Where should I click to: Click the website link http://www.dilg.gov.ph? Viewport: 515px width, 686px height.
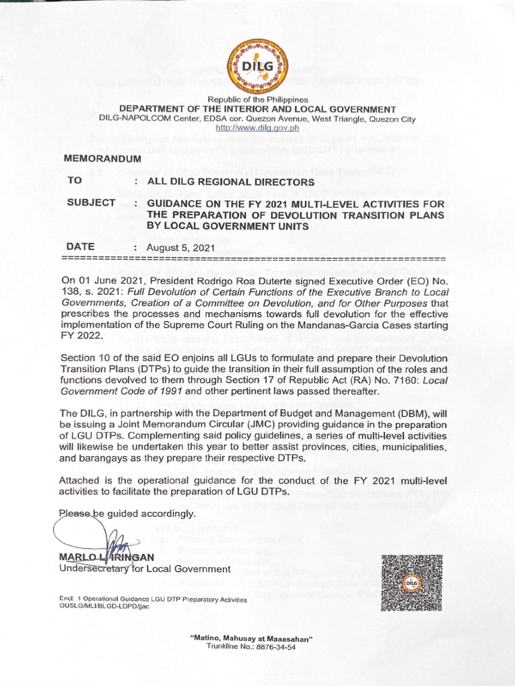(257, 128)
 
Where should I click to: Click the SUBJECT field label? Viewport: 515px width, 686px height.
(92, 203)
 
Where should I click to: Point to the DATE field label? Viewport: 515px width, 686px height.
(81, 247)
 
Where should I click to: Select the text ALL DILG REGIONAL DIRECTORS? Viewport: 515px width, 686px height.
(230, 182)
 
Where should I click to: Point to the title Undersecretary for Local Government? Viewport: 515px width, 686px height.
(145, 569)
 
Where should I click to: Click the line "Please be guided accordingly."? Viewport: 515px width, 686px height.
(127, 514)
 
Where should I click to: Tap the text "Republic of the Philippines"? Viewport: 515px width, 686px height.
(257, 100)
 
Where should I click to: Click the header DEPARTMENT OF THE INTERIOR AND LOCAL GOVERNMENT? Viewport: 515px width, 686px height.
(257, 109)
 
